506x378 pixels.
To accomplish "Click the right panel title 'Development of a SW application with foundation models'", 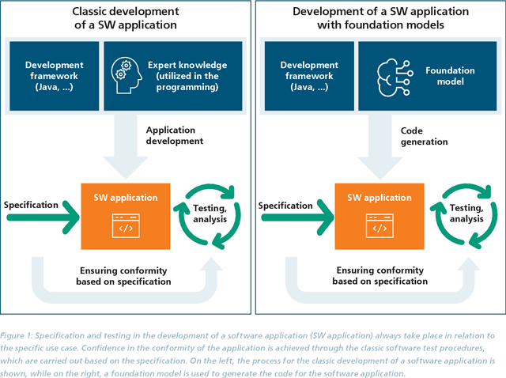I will pos(380,18).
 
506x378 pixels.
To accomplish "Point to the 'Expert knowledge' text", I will pos(187,65).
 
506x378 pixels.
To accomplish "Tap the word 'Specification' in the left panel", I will pos(31,205).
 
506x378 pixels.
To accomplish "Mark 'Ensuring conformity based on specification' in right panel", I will pos(379,276).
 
